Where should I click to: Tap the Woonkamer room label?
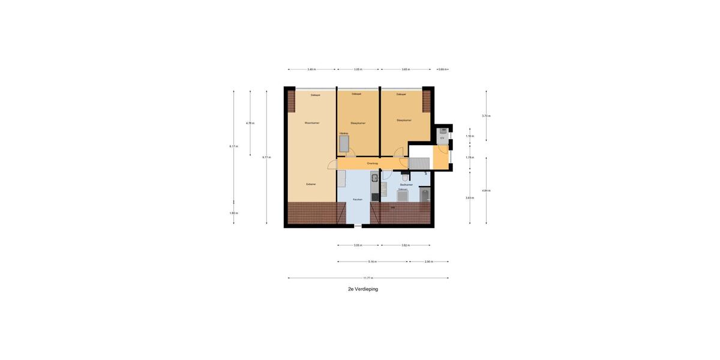[x=312, y=123]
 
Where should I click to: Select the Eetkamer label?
[x=311, y=184]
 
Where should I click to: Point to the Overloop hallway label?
[x=373, y=163]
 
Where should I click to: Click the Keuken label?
[x=358, y=199]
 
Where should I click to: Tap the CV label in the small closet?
[x=442, y=138]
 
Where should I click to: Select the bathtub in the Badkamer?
[x=403, y=196]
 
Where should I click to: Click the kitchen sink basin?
[x=374, y=177]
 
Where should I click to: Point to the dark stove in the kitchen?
[x=375, y=196]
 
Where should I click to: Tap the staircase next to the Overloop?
[x=419, y=163]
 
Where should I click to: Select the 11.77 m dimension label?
[x=368, y=278]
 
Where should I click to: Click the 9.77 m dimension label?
[x=266, y=157]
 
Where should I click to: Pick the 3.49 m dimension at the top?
[x=311, y=70]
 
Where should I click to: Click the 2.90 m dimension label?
[x=428, y=262]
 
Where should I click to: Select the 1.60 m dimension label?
[x=233, y=213]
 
